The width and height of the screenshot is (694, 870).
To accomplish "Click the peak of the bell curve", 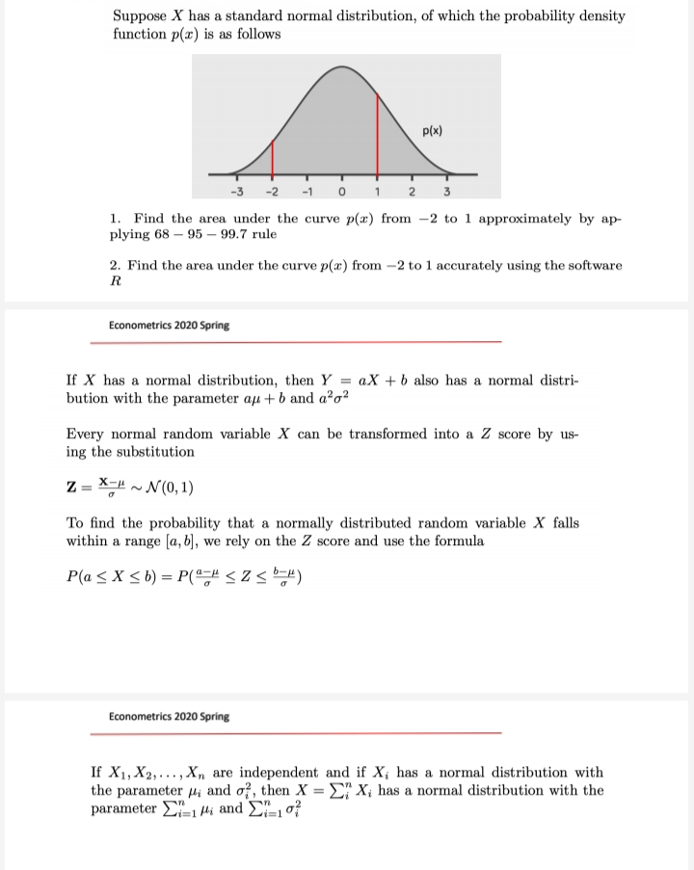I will click(x=342, y=68).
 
